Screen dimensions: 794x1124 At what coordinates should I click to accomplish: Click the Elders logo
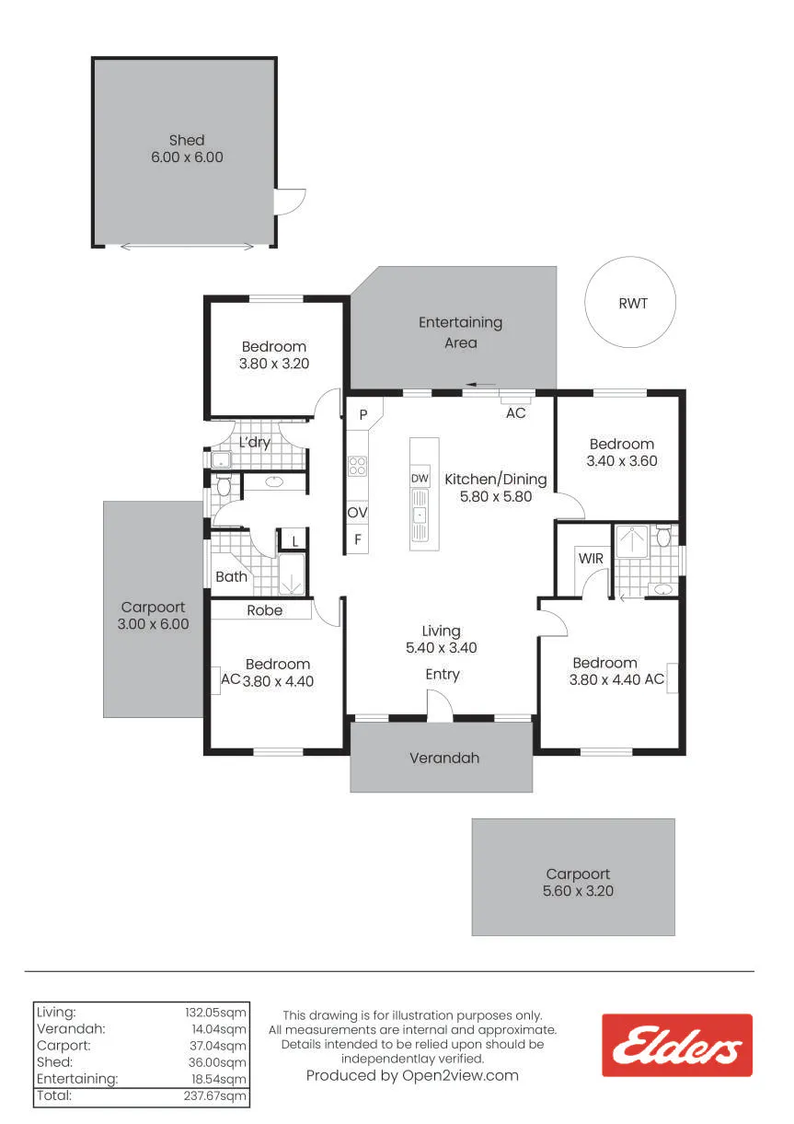point(676,1045)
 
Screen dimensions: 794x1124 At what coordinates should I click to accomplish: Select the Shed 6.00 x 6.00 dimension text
point(187,157)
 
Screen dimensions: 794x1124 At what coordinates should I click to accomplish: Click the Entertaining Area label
point(460,332)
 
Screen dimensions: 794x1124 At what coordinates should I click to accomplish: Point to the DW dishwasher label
point(420,478)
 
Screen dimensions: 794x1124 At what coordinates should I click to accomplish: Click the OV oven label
point(357,513)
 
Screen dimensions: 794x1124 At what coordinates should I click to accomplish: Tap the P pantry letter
point(363,414)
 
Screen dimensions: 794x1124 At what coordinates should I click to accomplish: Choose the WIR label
point(591,558)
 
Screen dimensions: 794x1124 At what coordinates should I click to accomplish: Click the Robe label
point(264,610)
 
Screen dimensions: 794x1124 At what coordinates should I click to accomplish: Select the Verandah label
point(444,758)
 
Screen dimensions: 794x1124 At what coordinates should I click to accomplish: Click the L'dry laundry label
point(255,442)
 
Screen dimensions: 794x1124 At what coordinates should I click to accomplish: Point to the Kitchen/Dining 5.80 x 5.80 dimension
point(496,497)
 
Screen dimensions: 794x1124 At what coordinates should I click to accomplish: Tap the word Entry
point(443,675)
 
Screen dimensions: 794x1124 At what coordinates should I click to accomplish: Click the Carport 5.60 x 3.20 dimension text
point(578,891)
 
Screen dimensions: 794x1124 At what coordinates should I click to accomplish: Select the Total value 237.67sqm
point(214,1095)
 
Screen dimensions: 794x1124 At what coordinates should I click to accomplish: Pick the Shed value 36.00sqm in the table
point(217,1062)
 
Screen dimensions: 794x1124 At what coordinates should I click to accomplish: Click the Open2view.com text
point(460,1076)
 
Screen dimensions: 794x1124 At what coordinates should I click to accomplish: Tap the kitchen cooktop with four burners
point(357,466)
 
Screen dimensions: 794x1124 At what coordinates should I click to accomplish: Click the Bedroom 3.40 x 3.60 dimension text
point(622,460)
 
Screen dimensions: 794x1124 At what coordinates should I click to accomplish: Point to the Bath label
point(231,576)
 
